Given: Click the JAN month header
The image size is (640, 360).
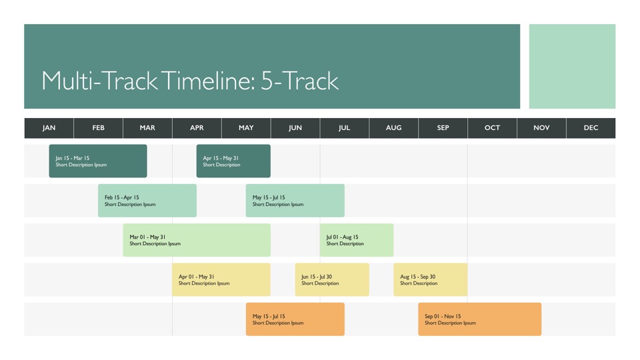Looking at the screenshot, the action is (x=49, y=128).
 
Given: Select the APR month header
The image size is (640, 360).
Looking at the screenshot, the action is (x=197, y=128).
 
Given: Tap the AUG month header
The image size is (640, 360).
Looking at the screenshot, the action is (x=393, y=128).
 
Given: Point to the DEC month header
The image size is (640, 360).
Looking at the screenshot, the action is (x=591, y=128).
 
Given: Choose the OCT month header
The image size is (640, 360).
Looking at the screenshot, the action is (x=492, y=128).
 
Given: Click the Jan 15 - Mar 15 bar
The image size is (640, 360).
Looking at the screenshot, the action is (x=98, y=161).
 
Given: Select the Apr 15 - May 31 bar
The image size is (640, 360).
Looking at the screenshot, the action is (x=233, y=161).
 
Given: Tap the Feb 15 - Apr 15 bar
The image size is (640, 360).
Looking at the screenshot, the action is (x=147, y=201).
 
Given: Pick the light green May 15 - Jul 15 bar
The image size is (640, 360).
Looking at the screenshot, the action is (x=295, y=201).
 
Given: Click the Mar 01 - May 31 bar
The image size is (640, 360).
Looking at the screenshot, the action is (x=197, y=240).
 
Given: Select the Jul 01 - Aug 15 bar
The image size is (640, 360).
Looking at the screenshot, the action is (x=357, y=240).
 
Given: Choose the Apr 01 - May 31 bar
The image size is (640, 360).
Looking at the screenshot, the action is (x=221, y=279).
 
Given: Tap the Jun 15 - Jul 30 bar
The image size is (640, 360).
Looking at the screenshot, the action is (x=332, y=279).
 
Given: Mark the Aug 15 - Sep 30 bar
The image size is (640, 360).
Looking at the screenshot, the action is (x=431, y=279).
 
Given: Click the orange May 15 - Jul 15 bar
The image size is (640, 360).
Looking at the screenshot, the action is (x=295, y=319).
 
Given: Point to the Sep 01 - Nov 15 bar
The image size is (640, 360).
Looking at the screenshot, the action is (x=480, y=319).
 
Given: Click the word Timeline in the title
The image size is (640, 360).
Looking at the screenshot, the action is (x=209, y=81).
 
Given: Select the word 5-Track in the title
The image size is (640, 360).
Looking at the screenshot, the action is (x=300, y=81).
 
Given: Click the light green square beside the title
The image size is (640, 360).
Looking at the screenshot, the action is (x=572, y=66).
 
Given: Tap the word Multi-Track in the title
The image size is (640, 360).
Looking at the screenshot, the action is (x=99, y=81).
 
